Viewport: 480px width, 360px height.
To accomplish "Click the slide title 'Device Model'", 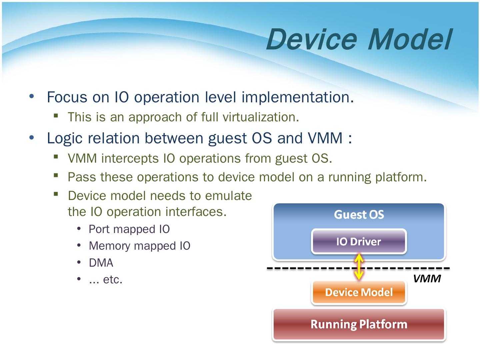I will (x=359, y=39).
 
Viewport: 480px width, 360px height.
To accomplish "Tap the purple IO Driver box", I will (x=359, y=241).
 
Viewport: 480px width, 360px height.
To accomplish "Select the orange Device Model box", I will (x=359, y=292).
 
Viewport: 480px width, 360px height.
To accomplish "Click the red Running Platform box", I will (x=359, y=324).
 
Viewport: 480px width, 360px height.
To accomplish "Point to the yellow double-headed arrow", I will (x=359, y=267).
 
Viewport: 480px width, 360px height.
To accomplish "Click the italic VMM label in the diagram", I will (x=427, y=278).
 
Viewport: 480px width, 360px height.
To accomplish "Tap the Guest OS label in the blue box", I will (x=359, y=214).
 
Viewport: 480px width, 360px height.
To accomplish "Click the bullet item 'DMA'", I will (x=101, y=263).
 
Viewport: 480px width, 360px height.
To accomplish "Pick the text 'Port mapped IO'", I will (x=129, y=229).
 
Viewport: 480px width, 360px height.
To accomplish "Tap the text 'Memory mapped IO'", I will (x=139, y=246).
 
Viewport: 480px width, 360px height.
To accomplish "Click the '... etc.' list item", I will (x=106, y=280).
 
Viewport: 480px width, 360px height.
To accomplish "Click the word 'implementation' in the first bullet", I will (x=296, y=98).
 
